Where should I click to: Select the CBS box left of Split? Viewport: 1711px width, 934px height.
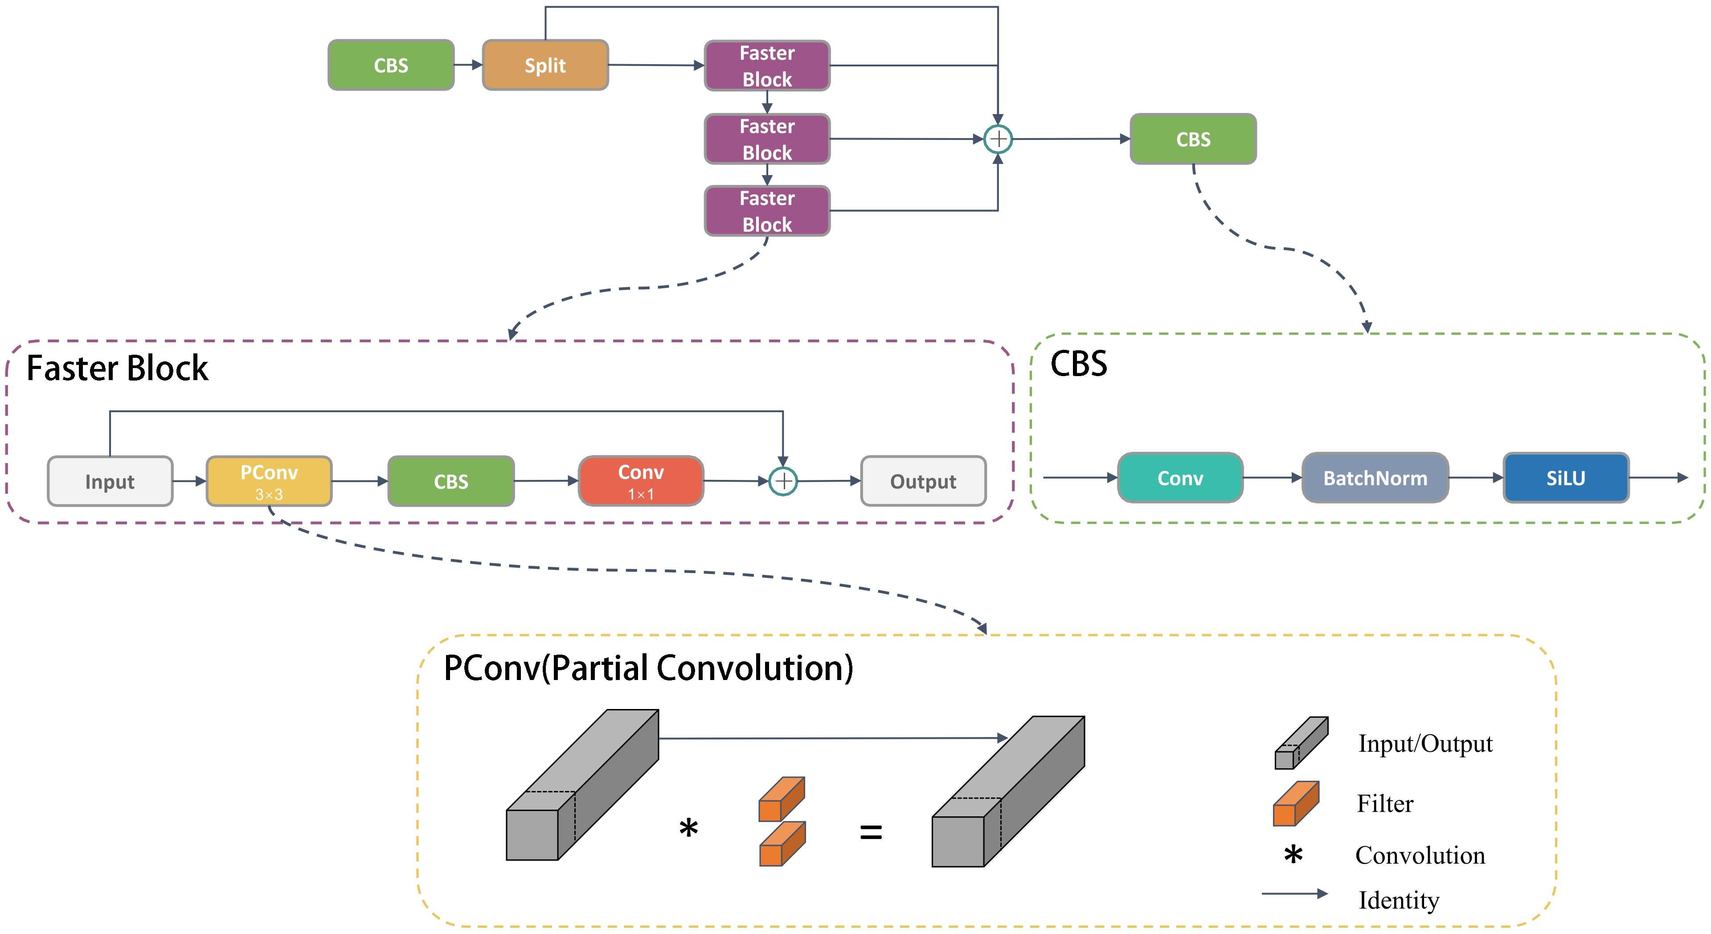[391, 65]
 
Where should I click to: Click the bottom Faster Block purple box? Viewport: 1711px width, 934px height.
[767, 211]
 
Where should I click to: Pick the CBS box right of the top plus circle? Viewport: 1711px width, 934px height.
[1193, 139]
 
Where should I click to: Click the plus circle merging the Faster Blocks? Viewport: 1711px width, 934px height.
[998, 139]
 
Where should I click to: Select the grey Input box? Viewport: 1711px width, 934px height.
[110, 481]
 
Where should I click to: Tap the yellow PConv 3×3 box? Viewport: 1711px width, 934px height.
[269, 481]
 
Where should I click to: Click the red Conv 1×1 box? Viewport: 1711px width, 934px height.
[641, 481]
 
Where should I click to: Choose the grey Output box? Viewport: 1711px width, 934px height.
[923, 481]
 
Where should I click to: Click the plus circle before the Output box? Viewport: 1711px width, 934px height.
[783, 481]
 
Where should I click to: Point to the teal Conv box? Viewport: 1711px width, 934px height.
[1180, 478]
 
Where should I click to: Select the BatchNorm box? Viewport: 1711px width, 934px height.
[1375, 478]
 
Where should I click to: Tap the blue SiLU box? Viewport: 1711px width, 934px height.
[1566, 478]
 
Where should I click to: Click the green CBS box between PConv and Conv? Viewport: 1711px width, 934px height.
[451, 481]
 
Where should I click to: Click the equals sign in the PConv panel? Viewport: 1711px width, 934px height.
[871, 832]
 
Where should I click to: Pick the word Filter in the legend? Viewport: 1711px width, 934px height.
[1385, 804]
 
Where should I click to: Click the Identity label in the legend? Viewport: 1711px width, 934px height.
[1399, 901]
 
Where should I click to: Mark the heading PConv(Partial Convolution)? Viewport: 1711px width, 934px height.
[648, 668]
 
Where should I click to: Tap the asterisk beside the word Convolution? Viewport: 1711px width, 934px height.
[1293, 856]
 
